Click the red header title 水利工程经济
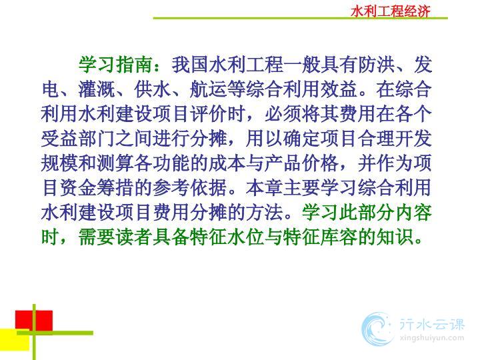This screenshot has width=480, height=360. [391, 11]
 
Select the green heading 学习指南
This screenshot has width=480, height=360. [116, 65]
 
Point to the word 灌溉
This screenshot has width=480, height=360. [97, 89]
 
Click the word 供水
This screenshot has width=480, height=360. [153, 89]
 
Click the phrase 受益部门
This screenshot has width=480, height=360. [78, 139]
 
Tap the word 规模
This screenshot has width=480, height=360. [60, 163]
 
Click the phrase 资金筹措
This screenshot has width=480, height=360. [97, 187]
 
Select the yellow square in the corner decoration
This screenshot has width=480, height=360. [15, 339]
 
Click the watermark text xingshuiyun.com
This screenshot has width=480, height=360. [431, 338]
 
